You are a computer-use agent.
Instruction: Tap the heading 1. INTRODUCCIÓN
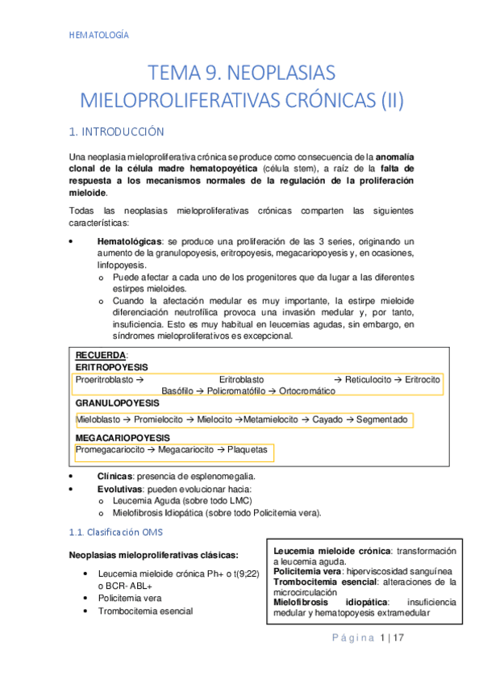point(118,131)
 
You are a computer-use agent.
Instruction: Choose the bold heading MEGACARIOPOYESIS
point(123,438)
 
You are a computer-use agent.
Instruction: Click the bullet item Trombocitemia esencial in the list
point(144,611)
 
